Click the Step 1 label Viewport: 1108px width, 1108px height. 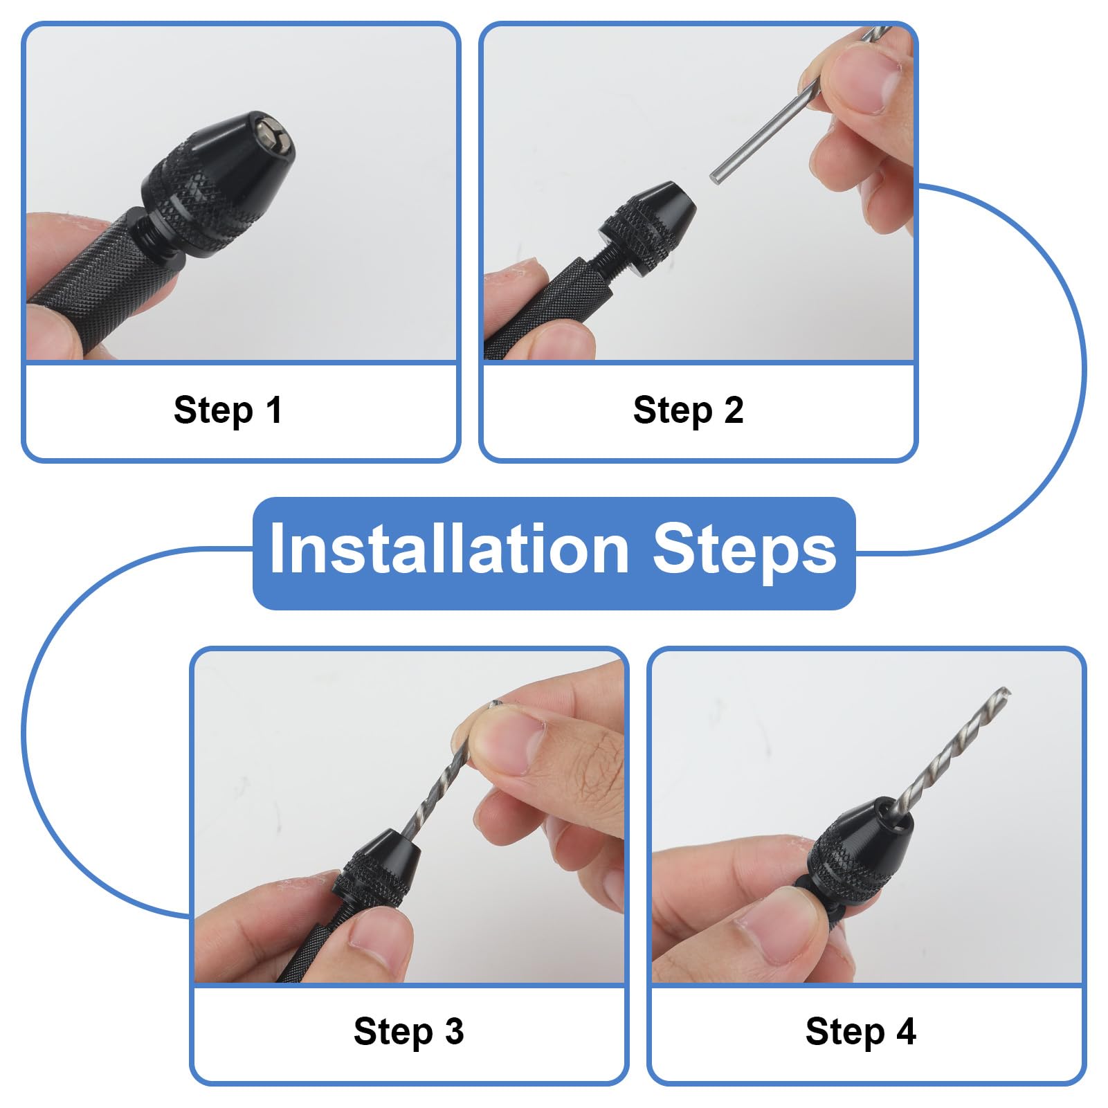(228, 410)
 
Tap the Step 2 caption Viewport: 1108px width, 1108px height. (688, 410)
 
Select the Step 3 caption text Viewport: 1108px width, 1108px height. (408, 1031)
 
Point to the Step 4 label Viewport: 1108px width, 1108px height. (860, 1031)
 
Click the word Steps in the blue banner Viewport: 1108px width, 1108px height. (745, 552)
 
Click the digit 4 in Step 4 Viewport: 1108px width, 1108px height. (906, 1031)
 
